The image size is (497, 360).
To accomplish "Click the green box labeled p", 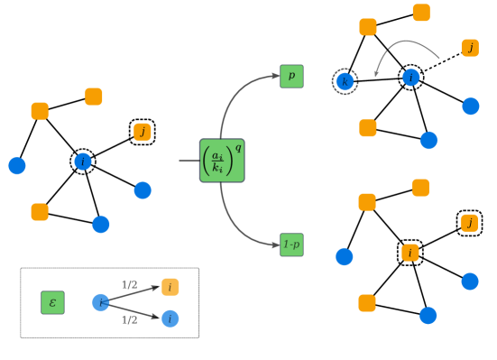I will click(x=291, y=76).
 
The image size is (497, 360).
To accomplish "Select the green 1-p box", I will click(x=291, y=245).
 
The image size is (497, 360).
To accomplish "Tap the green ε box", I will click(x=52, y=302).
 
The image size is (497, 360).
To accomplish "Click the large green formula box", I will click(x=222, y=161).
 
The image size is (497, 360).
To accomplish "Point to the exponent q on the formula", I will click(x=238, y=148).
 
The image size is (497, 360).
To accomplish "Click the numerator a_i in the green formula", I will click(x=217, y=155).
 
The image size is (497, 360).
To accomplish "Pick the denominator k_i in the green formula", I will click(x=217, y=168).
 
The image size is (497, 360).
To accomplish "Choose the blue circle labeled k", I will click(x=345, y=81).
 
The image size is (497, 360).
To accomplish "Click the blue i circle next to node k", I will click(x=410, y=78).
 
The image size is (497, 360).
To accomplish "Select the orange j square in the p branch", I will click(x=470, y=48).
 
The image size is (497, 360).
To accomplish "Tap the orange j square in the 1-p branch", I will click(x=469, y=222).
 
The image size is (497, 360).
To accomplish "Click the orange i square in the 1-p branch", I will click(x=410, y=253).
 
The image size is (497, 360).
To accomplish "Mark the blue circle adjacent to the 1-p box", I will click(x=345, y=256).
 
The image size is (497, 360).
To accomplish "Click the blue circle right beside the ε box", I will click(x=101, y=302).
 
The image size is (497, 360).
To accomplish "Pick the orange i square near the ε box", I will click(x=170, y=287).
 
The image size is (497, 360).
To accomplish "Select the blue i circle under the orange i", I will click(x=170, y=318).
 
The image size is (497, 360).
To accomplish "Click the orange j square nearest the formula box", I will click(x=143, y=132).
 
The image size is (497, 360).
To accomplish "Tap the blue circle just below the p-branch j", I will click(x=471, y=106).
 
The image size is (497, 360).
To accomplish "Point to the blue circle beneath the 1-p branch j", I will click(x=470, y=282).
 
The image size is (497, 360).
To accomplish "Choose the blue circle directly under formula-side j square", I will click(x=143, y=190).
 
